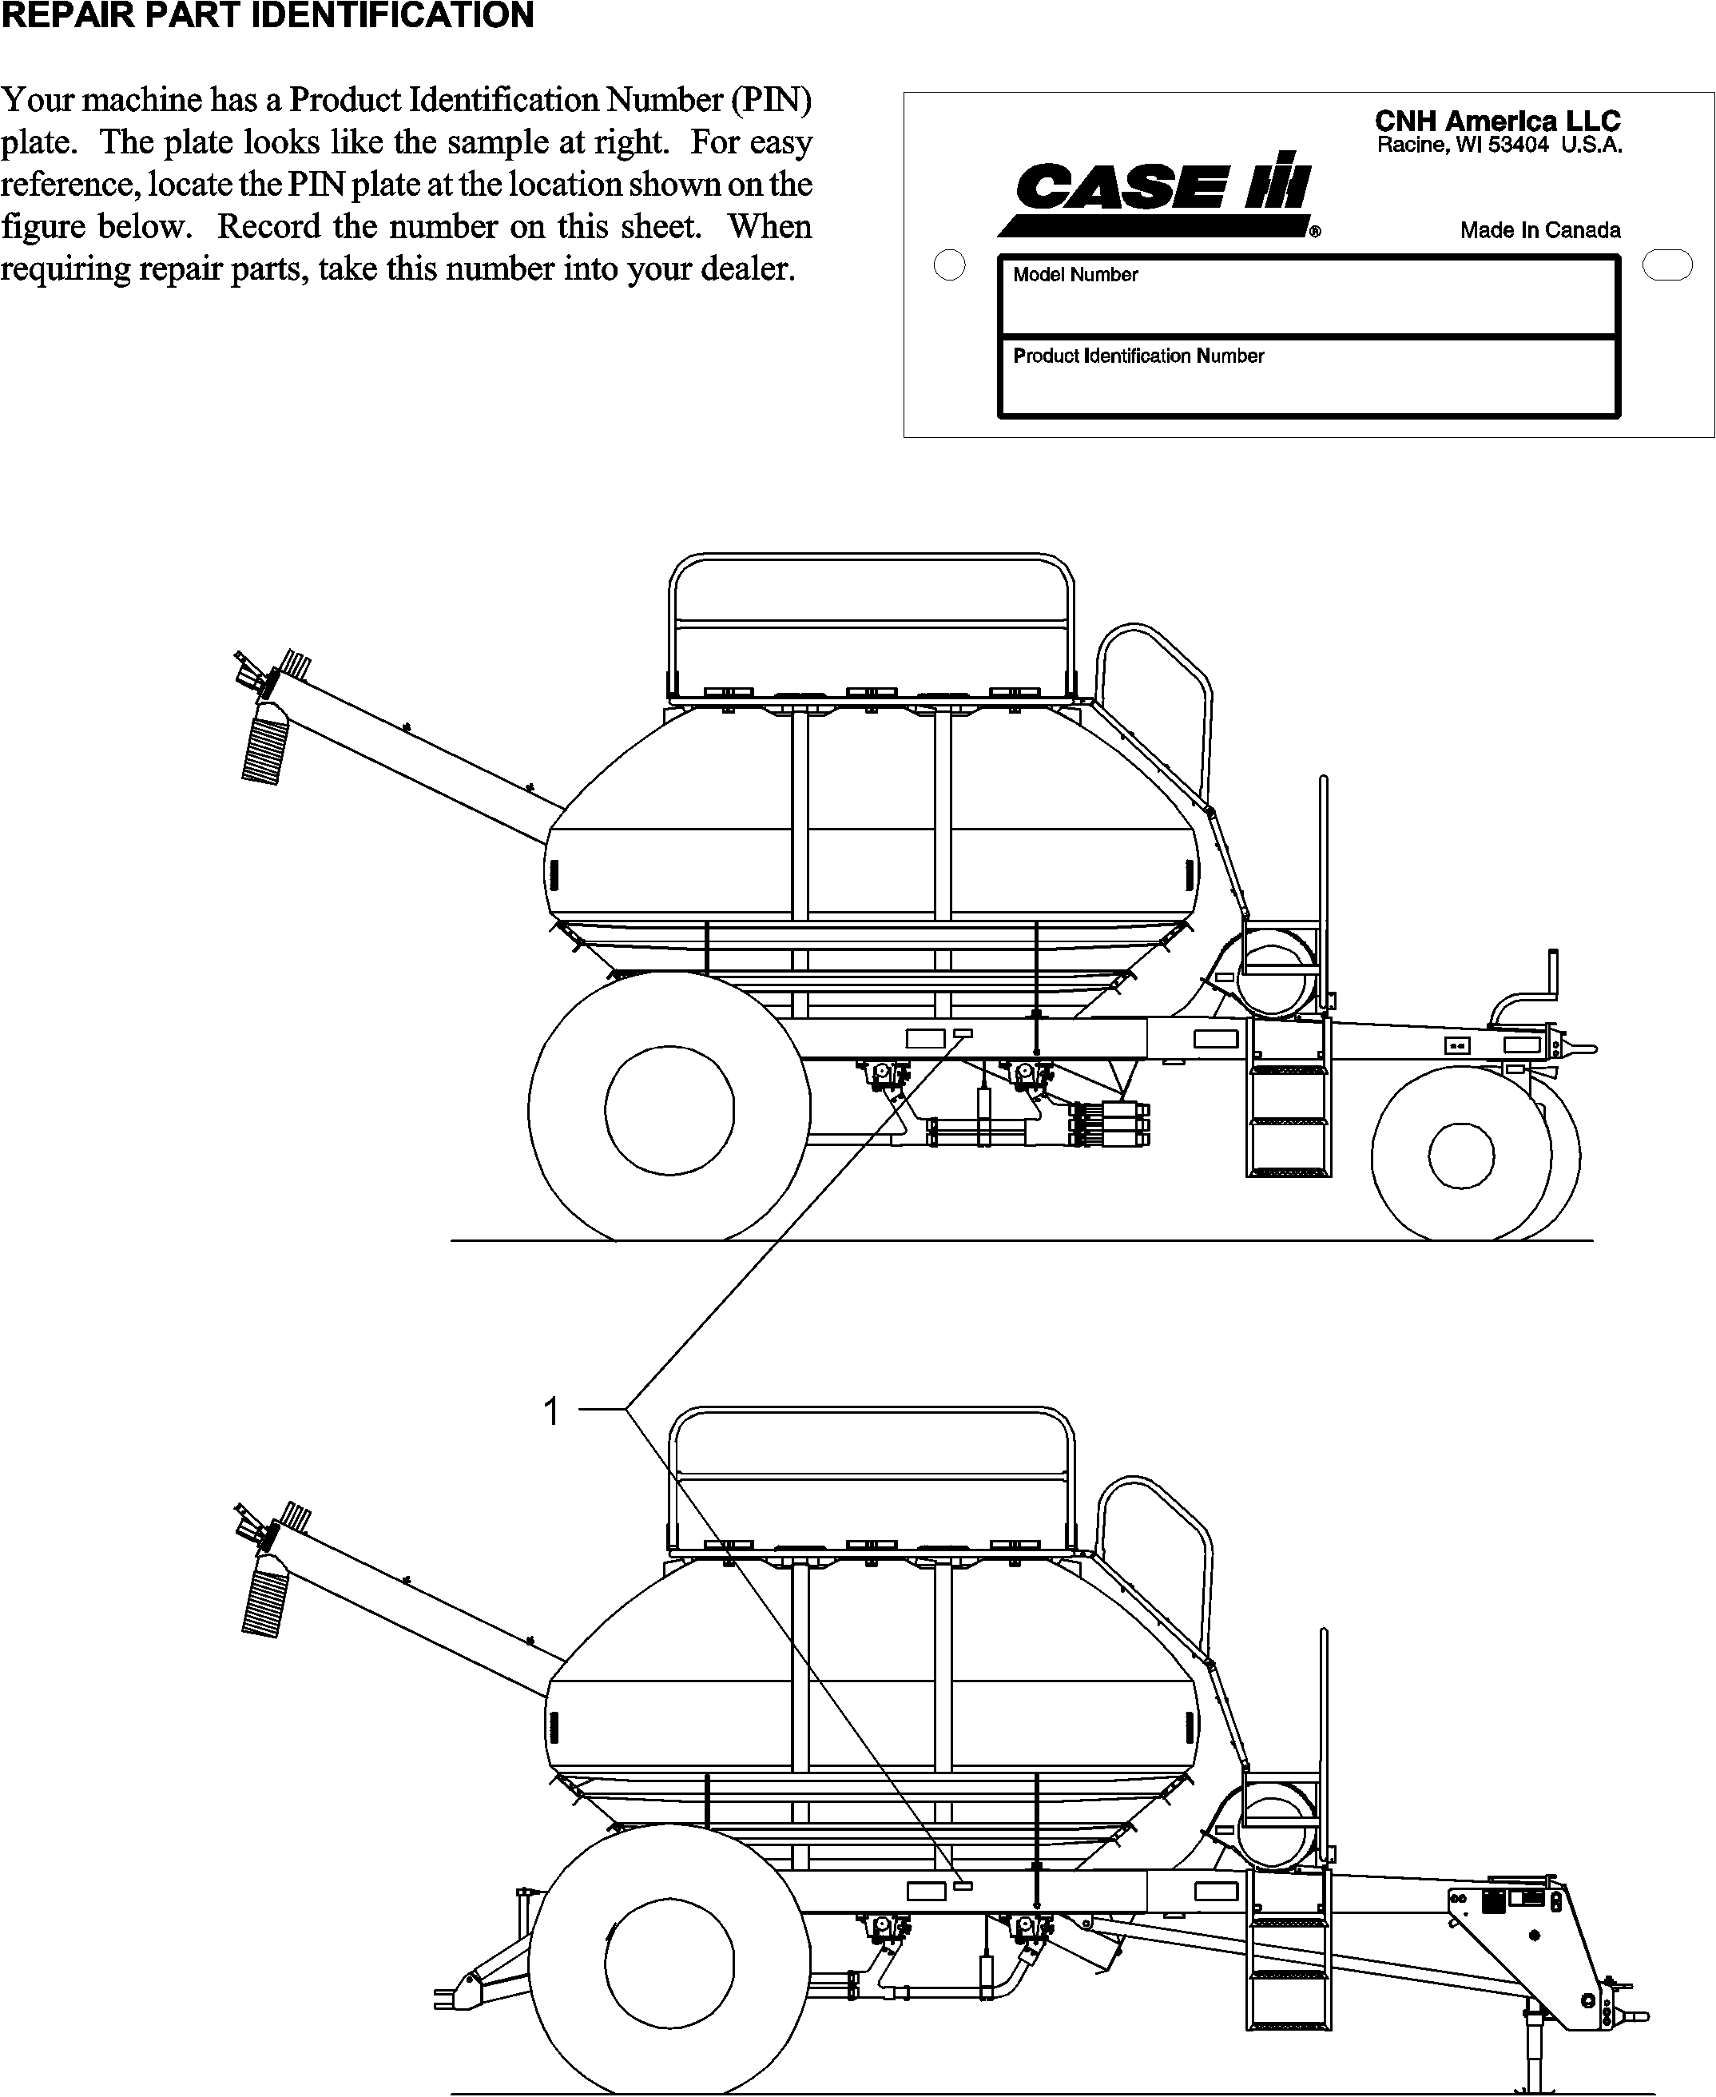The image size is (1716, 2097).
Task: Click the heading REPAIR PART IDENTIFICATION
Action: [267, 16]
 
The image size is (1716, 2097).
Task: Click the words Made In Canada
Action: [1540, 230]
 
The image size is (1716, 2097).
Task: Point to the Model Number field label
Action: [1075, 275]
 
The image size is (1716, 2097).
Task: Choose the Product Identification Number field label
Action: [1138, 356]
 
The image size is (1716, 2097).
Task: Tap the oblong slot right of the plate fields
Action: [1666, 265]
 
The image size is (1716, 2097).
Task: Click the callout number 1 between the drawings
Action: [551, 1411]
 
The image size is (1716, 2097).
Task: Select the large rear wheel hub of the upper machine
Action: [669, 1109]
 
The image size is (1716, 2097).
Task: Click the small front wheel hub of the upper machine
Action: [1461, 1155]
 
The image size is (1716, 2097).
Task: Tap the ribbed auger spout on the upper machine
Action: [265, 750]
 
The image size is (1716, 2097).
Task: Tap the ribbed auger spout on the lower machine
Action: [265, 1602]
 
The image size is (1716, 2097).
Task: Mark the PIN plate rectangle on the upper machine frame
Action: [962, 1033]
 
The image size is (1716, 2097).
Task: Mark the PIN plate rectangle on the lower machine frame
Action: [962, 1886]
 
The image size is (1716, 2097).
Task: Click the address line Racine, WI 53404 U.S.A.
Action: [1499, 145]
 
